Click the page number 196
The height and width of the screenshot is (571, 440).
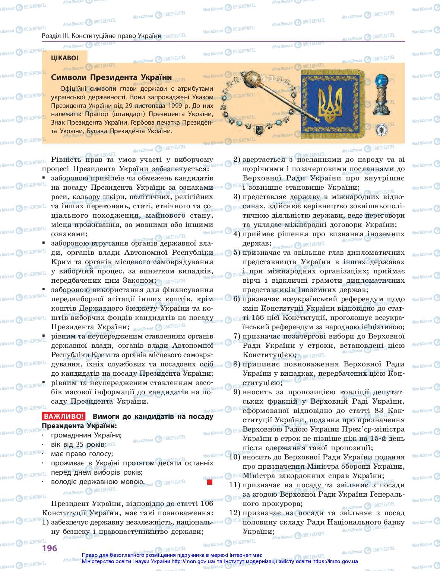(49, 548)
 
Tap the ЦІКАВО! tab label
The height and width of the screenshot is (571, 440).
(65, 58)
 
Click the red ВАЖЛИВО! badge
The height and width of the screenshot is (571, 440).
(63, 417)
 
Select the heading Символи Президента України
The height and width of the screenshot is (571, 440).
(111, 78)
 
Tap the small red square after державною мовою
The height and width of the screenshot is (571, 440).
(209, 482)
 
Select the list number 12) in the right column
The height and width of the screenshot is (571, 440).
(235, 513)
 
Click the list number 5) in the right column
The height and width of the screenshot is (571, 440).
(237, 253)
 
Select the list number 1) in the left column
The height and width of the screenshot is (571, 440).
(45, 522)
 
